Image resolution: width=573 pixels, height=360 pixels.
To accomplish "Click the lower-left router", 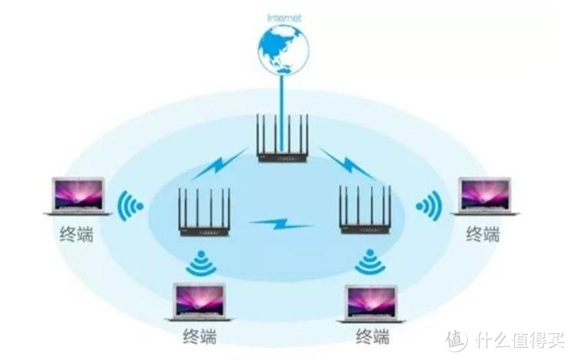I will click(204, 213).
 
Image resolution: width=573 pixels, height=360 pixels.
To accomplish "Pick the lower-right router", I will click(367, 212).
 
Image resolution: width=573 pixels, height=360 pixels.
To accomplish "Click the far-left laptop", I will click(78, 196).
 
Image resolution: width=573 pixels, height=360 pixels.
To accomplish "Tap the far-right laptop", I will click(485, 196).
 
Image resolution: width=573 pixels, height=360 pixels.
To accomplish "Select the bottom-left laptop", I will click(198, 302).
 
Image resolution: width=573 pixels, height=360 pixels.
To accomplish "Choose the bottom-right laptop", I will click(372, 302).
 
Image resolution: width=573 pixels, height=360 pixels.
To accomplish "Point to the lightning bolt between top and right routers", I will click(345, 163).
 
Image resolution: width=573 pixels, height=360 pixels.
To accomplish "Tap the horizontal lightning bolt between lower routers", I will click(282, 224).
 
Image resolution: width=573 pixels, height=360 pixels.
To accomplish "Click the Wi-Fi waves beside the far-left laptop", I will click(132, 206).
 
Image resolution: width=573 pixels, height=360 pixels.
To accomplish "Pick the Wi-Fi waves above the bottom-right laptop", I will click(369, 263).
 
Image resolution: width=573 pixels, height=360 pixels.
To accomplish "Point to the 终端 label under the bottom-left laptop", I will click(200, 336).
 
